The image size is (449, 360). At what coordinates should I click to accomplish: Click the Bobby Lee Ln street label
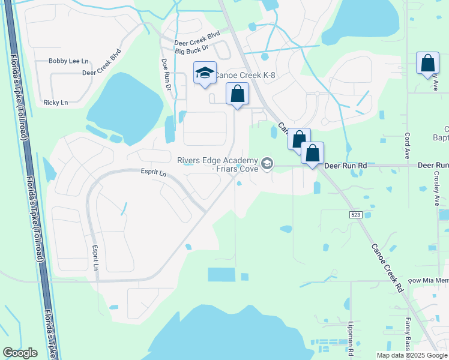pos(68,61)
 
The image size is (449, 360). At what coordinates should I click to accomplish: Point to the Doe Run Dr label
pos(166,74)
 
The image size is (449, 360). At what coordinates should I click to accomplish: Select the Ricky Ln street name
pos(56,103)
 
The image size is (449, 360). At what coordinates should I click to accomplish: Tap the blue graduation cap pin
pos(205,73)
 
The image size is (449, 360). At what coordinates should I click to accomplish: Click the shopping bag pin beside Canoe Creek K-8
pos(238,94)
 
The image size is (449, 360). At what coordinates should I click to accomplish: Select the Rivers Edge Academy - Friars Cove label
pos(217,164)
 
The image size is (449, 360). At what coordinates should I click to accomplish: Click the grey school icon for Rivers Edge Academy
pos(267,163)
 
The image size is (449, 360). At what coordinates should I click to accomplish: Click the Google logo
pos(20,353)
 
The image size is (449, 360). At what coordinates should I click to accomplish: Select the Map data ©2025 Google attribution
pos(412,355)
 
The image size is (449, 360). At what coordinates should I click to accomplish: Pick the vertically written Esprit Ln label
pos(95,257)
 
